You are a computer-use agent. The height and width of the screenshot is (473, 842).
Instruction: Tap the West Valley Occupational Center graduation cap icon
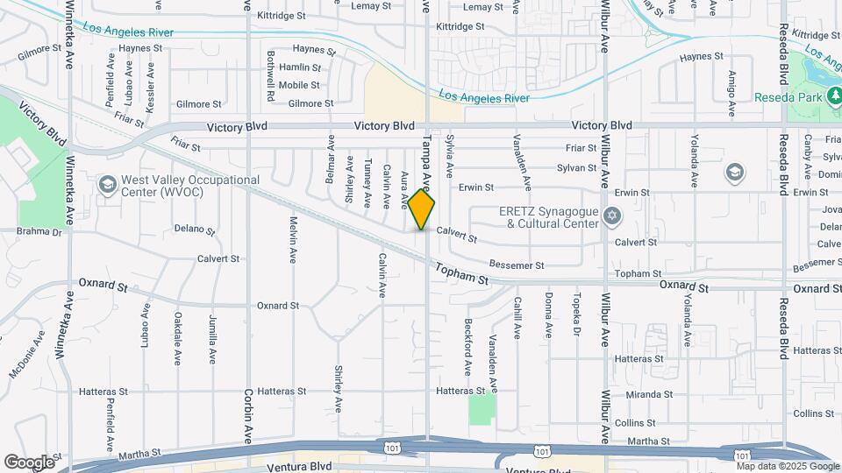(107, 185)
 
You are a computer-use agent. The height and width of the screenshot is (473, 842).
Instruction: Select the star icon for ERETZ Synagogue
(612, 215)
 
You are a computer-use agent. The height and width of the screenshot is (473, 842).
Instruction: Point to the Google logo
(29, 462)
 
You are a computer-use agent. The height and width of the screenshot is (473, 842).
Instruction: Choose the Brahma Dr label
(39, 232)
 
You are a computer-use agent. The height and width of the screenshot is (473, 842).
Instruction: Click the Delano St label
(194, 229)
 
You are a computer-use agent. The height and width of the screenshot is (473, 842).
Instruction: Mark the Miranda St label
(649, 394)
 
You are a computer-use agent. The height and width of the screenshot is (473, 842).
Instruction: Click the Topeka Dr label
(577, 314)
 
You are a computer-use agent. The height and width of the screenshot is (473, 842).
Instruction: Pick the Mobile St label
(300, 85)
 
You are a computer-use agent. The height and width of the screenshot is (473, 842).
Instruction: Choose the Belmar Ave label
(331, 159)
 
